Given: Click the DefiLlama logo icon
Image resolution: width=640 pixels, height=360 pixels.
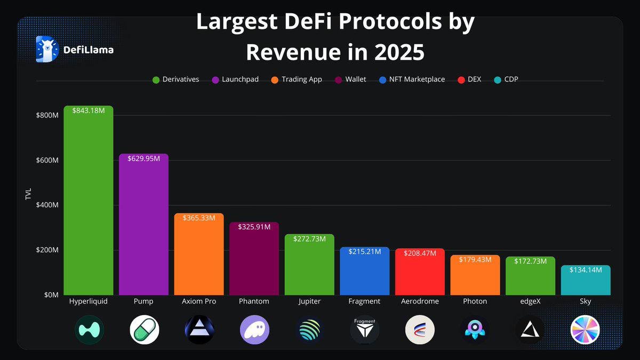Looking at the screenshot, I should click(x=47, y=50).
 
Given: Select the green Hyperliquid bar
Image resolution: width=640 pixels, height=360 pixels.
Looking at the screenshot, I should click(x=89, y=203).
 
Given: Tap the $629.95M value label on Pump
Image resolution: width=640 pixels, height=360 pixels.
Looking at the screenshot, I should click(x=143, y=159).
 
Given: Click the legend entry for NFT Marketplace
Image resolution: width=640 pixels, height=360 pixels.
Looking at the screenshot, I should click(x=412, y=79).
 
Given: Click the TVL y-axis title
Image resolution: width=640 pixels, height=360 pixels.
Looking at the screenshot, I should click(x=28, y=194).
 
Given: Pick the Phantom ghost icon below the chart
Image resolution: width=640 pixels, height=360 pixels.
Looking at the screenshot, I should click(x=254, y=330).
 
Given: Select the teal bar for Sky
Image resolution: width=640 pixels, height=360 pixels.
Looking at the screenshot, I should click(x=586, y=282).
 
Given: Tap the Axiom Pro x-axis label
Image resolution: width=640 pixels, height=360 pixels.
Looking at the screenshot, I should click(x=199, y=301).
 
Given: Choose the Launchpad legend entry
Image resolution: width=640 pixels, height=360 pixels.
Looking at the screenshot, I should click(x=235, y=79).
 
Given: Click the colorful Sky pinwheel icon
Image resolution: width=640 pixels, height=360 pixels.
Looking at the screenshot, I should click(x=585, y=330).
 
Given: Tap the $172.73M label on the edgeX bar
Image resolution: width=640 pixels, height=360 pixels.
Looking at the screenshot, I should click(x=530, y=261).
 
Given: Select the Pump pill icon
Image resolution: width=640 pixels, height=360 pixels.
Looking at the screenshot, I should click(x=144, y=330).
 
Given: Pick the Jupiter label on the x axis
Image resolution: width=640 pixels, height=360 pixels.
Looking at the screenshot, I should click(x=309, y=301).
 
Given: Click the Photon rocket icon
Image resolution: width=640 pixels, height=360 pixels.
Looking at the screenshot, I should click(x=475, y=330).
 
